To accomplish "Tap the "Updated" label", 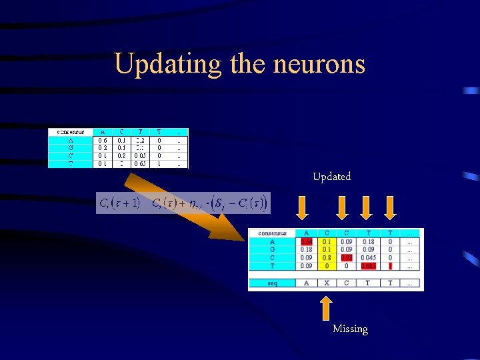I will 331,177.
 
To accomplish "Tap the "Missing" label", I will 350,329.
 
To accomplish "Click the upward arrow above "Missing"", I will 326,307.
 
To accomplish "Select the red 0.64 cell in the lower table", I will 307,242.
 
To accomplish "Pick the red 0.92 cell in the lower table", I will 347,258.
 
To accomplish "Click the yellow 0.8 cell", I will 326,258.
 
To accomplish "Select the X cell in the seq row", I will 326,283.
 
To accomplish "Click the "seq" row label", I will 272,283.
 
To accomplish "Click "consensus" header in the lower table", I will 272,233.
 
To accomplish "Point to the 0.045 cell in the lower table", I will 368,258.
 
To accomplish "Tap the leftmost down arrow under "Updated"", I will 303,208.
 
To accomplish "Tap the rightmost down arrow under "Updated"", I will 390,208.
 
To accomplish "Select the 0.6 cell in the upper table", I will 102,141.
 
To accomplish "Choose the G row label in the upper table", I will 70,148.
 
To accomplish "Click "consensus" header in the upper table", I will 70,132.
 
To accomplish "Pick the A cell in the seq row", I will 307,283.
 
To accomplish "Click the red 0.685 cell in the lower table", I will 368,266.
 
